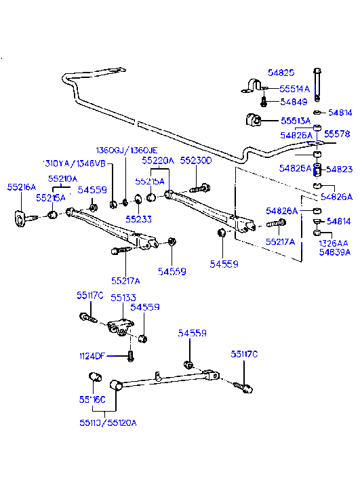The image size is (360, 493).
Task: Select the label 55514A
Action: point(295,88)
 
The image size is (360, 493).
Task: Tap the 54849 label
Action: point(295,102)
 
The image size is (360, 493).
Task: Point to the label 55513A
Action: point(296,121)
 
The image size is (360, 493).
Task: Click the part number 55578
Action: point(336,134)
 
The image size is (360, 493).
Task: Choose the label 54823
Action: point(339,170)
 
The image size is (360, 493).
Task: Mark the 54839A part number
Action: point(335,253)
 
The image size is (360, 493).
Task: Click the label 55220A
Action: point(158,161)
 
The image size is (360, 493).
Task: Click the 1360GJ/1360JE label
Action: point(126,150)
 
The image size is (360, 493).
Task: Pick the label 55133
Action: point(123,297)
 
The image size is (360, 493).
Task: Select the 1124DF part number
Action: point(91,355)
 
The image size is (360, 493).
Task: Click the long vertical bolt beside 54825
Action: point(317,83)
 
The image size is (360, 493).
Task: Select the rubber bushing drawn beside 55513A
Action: point(252,121)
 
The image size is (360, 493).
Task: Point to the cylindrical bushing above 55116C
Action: point(95,378)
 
